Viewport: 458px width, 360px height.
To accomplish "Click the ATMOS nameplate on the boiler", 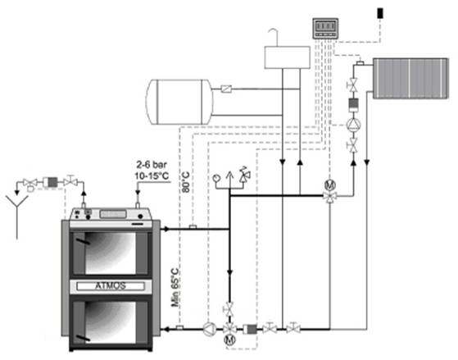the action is click(111, 285).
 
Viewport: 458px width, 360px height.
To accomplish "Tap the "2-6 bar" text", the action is click(152, 165).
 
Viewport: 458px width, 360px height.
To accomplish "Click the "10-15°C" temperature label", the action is click(152, 176).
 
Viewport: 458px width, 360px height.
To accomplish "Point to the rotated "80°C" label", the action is click(185, 182).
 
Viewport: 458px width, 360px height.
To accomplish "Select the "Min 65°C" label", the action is click(175, 288).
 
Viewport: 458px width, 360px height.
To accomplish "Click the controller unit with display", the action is click(325, 29).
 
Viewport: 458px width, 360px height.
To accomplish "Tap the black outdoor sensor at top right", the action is click(380, 13).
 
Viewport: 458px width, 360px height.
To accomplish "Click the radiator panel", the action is click(410, 79).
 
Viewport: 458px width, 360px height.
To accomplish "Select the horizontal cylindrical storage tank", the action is click(179, 102).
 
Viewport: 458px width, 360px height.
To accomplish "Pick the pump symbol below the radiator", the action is click(353, 125).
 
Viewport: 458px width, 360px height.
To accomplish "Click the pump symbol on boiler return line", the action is click(210, 330).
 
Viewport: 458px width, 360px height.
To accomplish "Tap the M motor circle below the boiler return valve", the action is click(229, 339).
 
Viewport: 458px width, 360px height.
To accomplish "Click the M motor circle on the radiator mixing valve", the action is click(329, 185).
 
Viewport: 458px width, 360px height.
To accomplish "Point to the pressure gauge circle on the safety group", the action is click(216, 177).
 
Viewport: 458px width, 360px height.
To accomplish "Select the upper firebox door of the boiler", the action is click(111, 253).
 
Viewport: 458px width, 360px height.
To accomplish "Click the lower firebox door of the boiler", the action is click(111, 322).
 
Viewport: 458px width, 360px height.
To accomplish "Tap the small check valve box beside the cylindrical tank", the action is click(226, 89).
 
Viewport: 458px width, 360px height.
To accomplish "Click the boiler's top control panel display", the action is click(113, 214).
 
